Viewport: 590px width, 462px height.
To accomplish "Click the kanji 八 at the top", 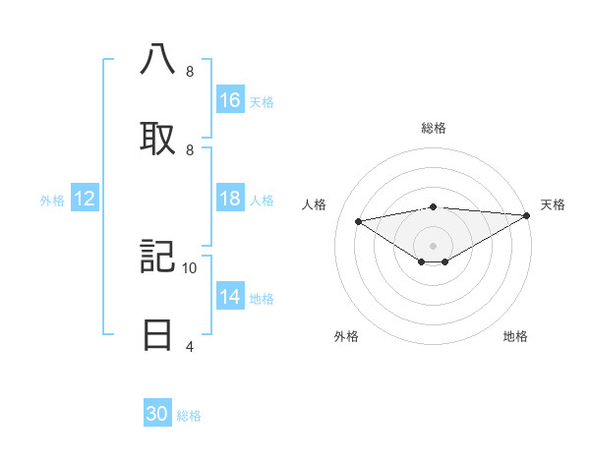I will point(157,60).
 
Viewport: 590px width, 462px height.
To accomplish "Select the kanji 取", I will point(157,138).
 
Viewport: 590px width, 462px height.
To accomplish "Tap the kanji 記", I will point(157,257).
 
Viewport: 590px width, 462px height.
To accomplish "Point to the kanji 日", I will point(157,334).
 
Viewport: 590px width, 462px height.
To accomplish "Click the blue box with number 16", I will point(230,100).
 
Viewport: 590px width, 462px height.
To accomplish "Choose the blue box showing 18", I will point(230,200).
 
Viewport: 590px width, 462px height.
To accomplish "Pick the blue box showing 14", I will point(230,297).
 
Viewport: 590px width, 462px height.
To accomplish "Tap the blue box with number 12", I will point(85,200).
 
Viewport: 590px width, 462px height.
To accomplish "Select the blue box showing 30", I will point(157,414).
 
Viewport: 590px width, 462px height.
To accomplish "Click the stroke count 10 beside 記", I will point(190,267).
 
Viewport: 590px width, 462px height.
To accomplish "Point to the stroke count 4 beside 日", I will point(189,346).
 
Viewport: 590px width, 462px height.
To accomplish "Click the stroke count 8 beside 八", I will point(189,72).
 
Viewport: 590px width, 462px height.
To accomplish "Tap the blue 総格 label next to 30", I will point(190,416).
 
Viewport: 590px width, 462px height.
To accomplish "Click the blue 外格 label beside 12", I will point(52,201).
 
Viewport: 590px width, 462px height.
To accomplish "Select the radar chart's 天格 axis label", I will point(554,204).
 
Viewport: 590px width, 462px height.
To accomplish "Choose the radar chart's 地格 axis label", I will point(515,336).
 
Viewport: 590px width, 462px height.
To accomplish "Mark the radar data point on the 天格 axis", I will point(527,215).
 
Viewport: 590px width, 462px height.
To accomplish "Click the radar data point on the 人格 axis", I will point(359,220).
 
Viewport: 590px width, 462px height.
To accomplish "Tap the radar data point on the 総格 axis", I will point(433,206).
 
